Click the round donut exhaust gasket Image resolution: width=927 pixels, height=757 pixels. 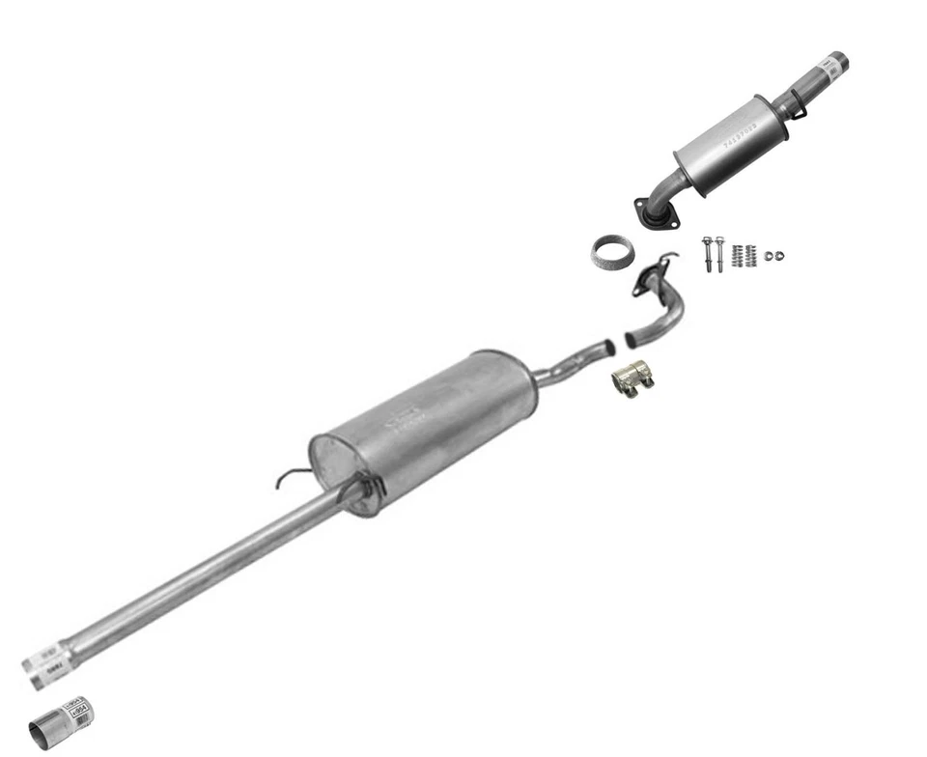click(612, 253)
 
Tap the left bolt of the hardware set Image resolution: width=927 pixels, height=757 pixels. click(708, 253)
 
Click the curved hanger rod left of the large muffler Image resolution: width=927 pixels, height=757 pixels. click(290, 477)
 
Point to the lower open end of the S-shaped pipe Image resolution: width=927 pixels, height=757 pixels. click(631, 340)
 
